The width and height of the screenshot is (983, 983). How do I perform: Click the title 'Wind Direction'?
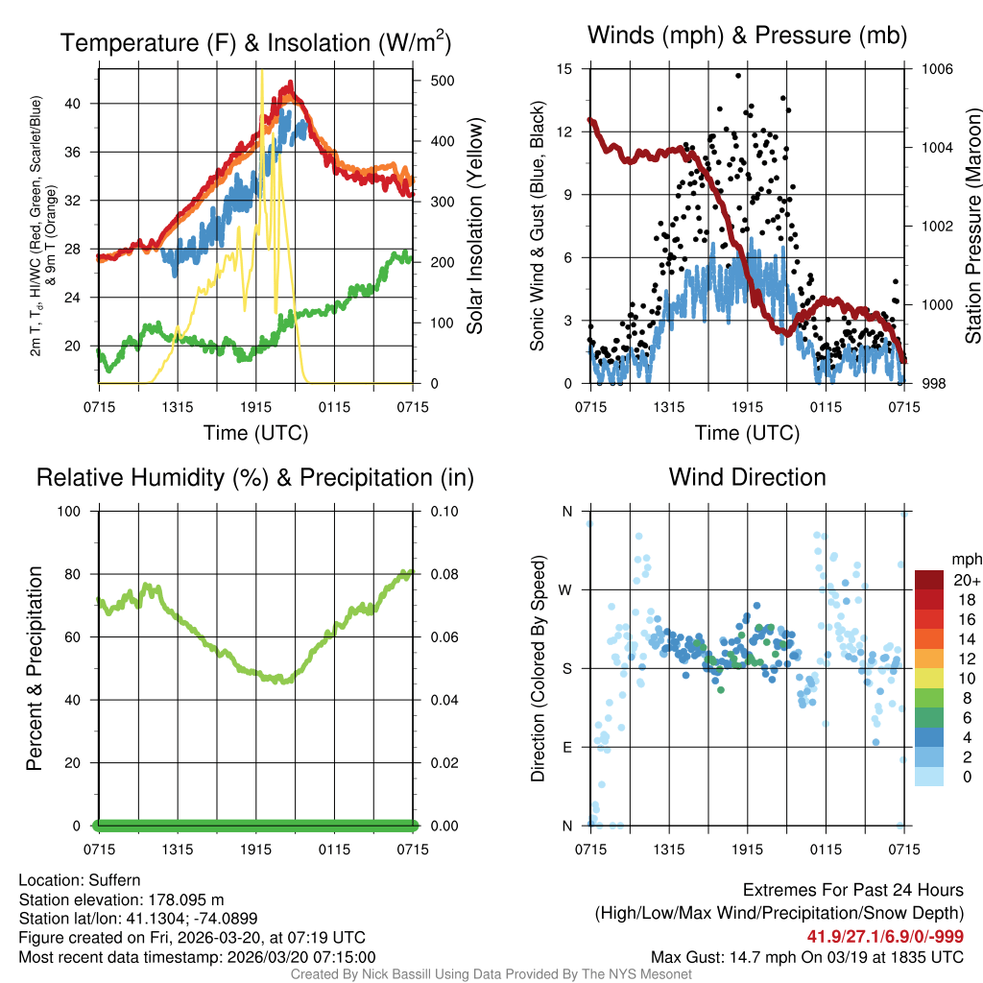tap(747, 477)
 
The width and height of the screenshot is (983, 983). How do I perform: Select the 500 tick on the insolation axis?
tap(442, 81)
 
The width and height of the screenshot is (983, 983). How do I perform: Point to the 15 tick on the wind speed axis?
tap(564, 69)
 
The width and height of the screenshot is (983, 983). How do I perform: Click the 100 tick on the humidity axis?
tap(71, 512)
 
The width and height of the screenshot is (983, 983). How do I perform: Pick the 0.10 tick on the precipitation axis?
tap(443, 512)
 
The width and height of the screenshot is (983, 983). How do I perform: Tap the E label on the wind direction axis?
tap(565, 747)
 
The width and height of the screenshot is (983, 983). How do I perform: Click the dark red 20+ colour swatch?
tap(929, 580)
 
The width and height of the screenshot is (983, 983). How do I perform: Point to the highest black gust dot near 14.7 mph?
tap(738, 75)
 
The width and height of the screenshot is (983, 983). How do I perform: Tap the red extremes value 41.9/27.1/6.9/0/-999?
tap(885, 937)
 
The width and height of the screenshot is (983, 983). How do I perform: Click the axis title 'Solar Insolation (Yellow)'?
tap(474, 226)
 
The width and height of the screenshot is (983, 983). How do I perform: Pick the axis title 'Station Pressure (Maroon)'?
tap(972, 226)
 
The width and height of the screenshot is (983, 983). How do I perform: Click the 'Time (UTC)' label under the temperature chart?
tap(255, 433)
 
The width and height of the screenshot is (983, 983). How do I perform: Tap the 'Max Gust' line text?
tap(806, 957)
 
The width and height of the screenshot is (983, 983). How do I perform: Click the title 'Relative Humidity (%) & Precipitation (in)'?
tap(255, 477)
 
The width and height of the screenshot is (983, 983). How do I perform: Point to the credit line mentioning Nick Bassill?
tap(491, 974)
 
